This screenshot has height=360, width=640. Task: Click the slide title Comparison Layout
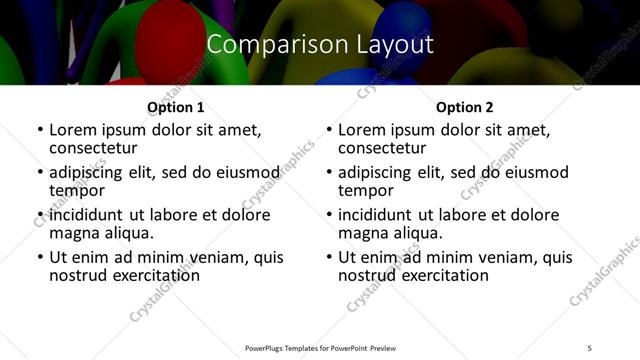click(319, 45)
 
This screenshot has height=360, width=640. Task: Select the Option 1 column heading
click(175, 107)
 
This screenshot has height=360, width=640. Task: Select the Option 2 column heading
click(465, 107)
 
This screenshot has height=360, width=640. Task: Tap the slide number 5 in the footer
click(590, 347)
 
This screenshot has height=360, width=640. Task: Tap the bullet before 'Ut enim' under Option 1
click(40, 257)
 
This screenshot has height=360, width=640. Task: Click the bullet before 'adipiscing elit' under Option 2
click(329, 172)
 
